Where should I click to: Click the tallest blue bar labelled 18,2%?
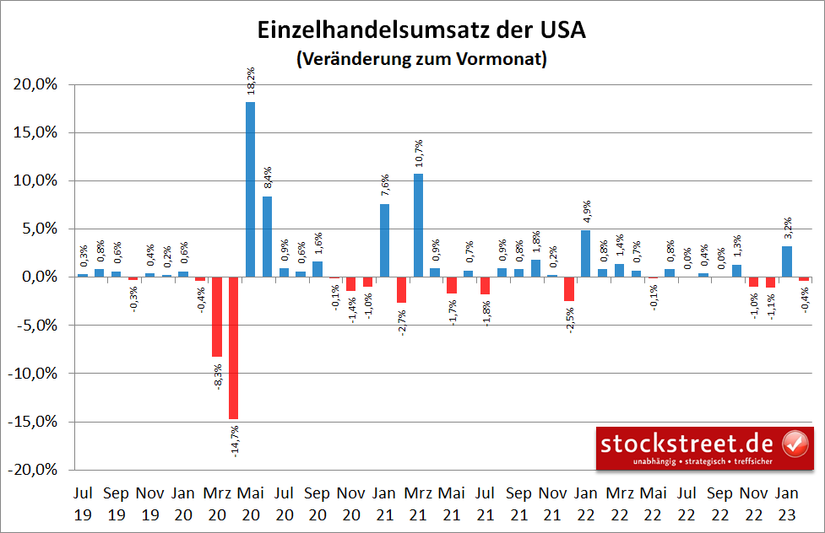[x=251, y=189]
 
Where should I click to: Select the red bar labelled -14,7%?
[x=234, y=347]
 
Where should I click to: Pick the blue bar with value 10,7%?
[x=418, y=225]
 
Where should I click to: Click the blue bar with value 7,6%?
[x=384, y=240]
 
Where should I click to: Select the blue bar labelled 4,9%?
[x=585, y=253]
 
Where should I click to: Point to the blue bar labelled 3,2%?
[x=786, y=261]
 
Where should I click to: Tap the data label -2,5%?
[x=569, y=320]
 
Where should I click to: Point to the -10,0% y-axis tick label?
[x=33, y=374]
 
